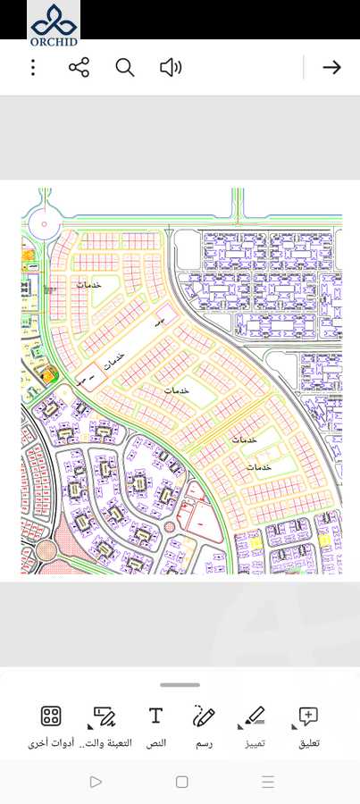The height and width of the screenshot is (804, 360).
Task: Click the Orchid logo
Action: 54,21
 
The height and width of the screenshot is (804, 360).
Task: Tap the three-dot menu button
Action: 33,67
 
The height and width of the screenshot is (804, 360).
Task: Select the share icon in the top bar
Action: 79,67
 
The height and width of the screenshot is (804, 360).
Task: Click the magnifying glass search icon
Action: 125,67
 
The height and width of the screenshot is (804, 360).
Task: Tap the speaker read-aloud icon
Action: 170,67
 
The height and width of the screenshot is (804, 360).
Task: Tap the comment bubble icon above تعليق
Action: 308,716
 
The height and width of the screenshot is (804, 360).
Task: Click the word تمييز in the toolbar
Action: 255,742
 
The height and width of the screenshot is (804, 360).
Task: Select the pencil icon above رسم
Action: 204,716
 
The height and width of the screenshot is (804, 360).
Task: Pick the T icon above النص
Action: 155,716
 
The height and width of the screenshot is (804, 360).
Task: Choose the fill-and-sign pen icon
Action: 105,716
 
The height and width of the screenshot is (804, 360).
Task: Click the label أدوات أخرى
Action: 51,742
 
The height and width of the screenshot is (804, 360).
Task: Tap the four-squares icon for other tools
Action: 51,716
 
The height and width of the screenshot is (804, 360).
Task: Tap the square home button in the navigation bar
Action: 182,782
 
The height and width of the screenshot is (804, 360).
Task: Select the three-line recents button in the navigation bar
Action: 268,782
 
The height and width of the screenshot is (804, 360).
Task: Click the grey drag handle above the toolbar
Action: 180,685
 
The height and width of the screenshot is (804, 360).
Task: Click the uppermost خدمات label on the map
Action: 88,284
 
